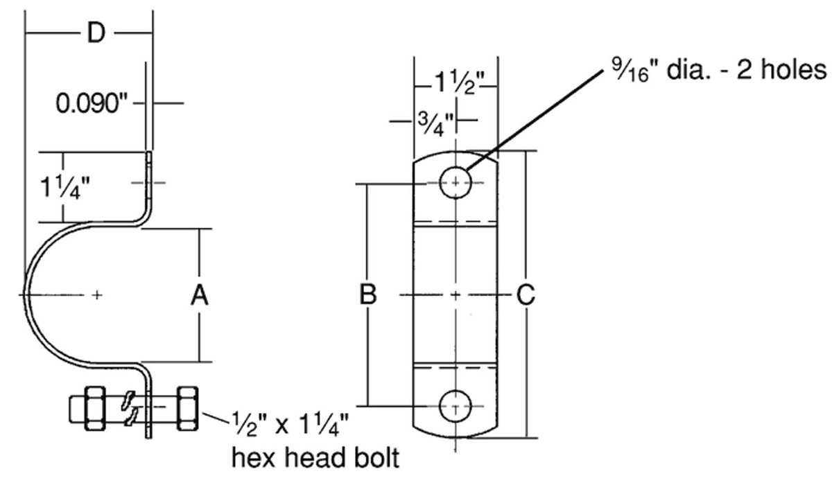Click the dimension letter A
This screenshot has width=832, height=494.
point(200,296)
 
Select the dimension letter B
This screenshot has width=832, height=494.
point(368,296)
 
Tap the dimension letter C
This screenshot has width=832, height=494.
point(526,296)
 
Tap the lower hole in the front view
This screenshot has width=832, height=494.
point(455,405)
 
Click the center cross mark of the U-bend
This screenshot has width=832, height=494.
point(97,295)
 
